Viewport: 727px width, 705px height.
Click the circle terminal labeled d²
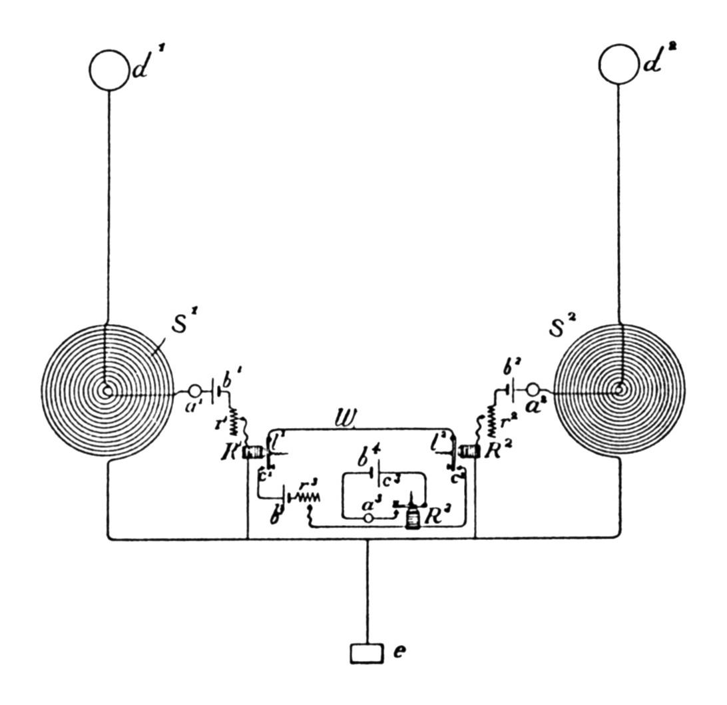coord(618,64)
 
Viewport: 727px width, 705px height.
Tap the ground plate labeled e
coord(367,653)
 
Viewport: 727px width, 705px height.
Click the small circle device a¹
coord(195,390)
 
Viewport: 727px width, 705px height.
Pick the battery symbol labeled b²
coord(511,388)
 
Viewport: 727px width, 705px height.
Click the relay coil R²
coord(470,452)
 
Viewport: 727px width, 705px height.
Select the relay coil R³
coord(413,519)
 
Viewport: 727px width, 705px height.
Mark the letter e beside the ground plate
coord(399,652)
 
